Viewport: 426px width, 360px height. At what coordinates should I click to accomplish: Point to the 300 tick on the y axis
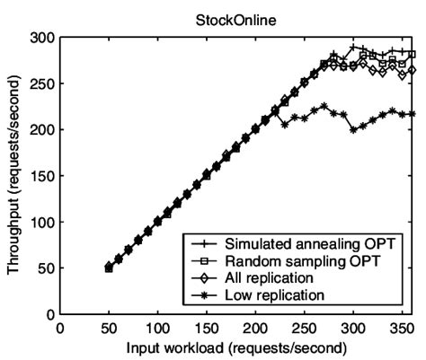pyautogui.click(x=44, y=38)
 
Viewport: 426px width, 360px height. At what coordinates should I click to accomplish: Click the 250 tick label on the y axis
pyautogui.click(x=44, y=83)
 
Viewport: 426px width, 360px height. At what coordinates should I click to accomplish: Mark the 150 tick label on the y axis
pyautogui.click(x=44, y=176)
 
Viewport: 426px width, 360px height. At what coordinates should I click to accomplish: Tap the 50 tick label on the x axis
pyautogui.click(x=109, y=328)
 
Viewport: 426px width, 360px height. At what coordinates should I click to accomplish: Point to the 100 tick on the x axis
pyautogui.click(x=157, y=328)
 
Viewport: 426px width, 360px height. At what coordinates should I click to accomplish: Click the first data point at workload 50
pyautogui.click(x=109, y=268)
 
